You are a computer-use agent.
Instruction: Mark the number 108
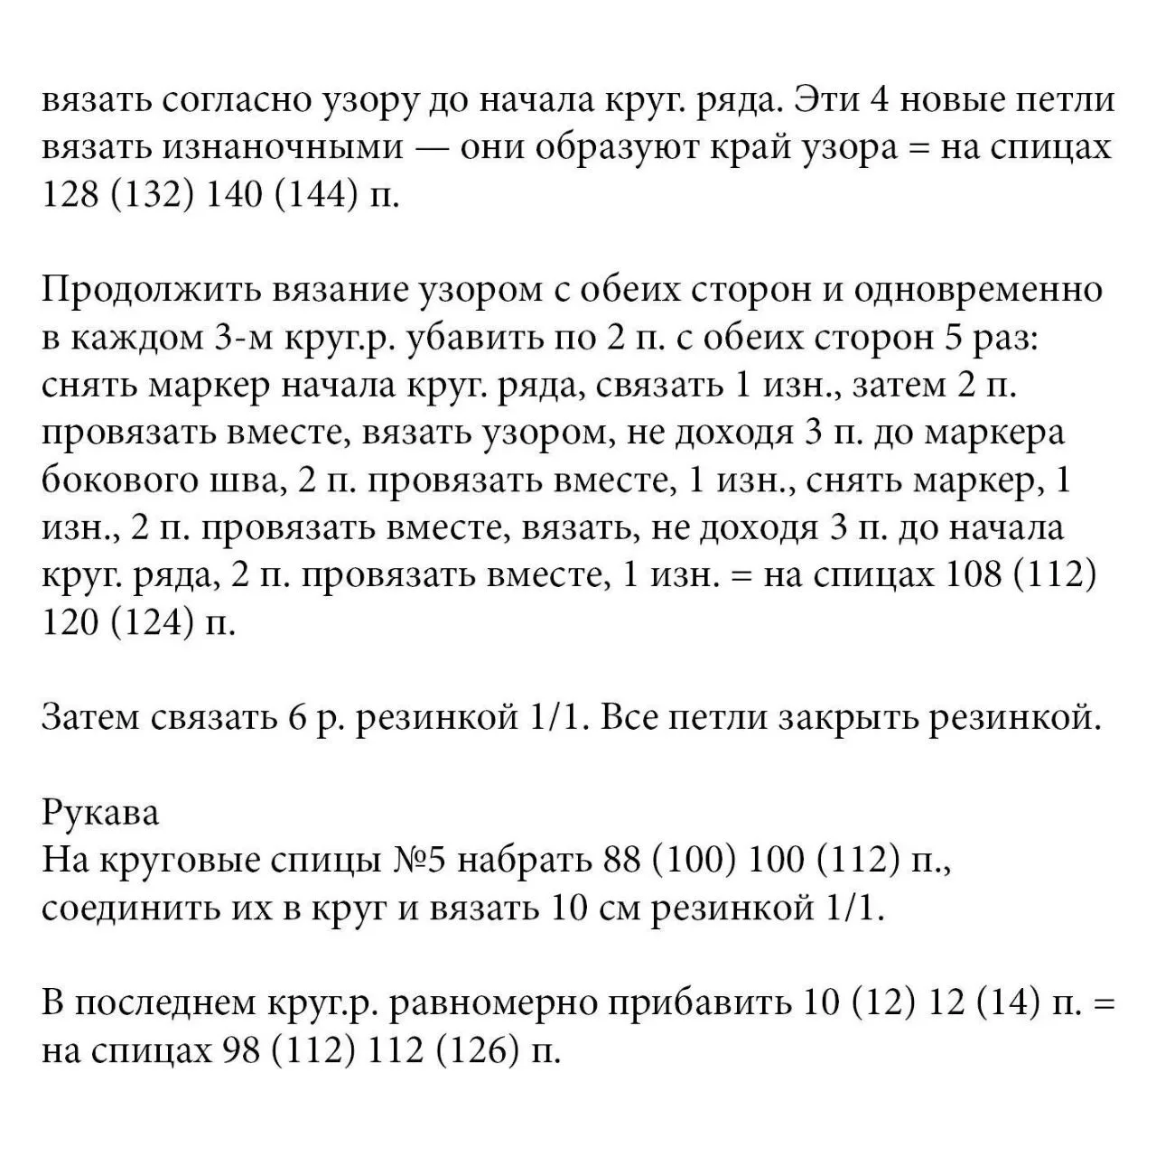pos(974,575)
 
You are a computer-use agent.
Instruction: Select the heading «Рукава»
pos(100,813)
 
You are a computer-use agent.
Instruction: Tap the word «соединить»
pos(135,909)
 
